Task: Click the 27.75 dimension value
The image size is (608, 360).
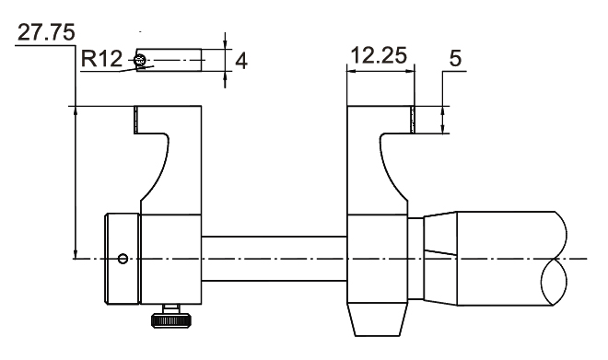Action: pyautogui.click(x=46, y=32)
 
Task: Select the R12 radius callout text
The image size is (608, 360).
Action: pyautogui.click(x=101, y=59)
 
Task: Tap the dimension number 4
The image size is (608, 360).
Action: pyautogui.click(x=241, y=61)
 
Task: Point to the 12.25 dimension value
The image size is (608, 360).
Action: pyautogui.click(x=379, y=55)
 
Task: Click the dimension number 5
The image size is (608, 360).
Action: pyautogui.click(x=455, y=59)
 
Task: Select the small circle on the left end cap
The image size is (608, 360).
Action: pyautogui.click(x=123, y=259)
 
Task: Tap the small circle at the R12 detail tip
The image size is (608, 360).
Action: pyautogui.click(x=140, y=60)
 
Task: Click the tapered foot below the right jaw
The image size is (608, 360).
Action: pyautogui.click(x=378, y=319)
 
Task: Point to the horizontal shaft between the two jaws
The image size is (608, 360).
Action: pyautogui.click(x=275, y=259)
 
